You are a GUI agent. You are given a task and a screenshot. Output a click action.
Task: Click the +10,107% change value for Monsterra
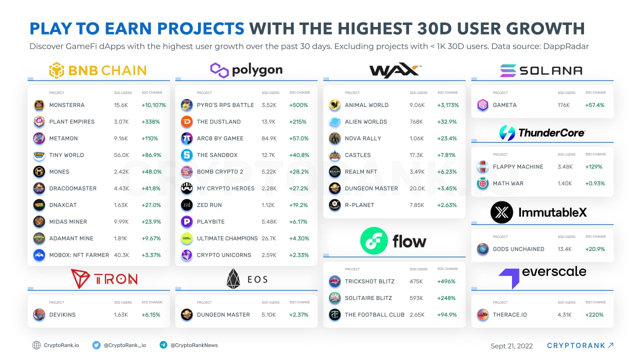153,105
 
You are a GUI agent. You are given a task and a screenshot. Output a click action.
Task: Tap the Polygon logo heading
246,70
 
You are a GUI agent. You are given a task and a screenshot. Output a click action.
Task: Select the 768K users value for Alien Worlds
416,121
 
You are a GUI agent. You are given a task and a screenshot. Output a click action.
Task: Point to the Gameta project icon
482,105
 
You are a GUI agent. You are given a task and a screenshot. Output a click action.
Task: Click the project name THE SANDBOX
217,155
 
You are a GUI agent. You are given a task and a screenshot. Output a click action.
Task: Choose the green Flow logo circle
373,241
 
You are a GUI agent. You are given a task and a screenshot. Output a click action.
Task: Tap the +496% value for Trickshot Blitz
446,281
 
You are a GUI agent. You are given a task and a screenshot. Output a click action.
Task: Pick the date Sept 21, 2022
511,346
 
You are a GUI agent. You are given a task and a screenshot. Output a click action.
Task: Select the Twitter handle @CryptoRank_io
124,345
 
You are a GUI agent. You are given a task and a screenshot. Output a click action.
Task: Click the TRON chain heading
103,279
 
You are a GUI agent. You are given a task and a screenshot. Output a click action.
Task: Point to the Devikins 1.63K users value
121,315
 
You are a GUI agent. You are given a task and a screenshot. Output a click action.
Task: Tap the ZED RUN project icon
186,205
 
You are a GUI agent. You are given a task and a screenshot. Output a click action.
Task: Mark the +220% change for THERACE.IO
594,315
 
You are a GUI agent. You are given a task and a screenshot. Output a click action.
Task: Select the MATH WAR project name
508,183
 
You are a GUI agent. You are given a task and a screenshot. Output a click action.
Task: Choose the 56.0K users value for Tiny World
121,155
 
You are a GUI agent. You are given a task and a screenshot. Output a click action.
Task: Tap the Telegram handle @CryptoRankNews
194,345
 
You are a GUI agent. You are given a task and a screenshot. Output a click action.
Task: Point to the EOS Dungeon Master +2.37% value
299,315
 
